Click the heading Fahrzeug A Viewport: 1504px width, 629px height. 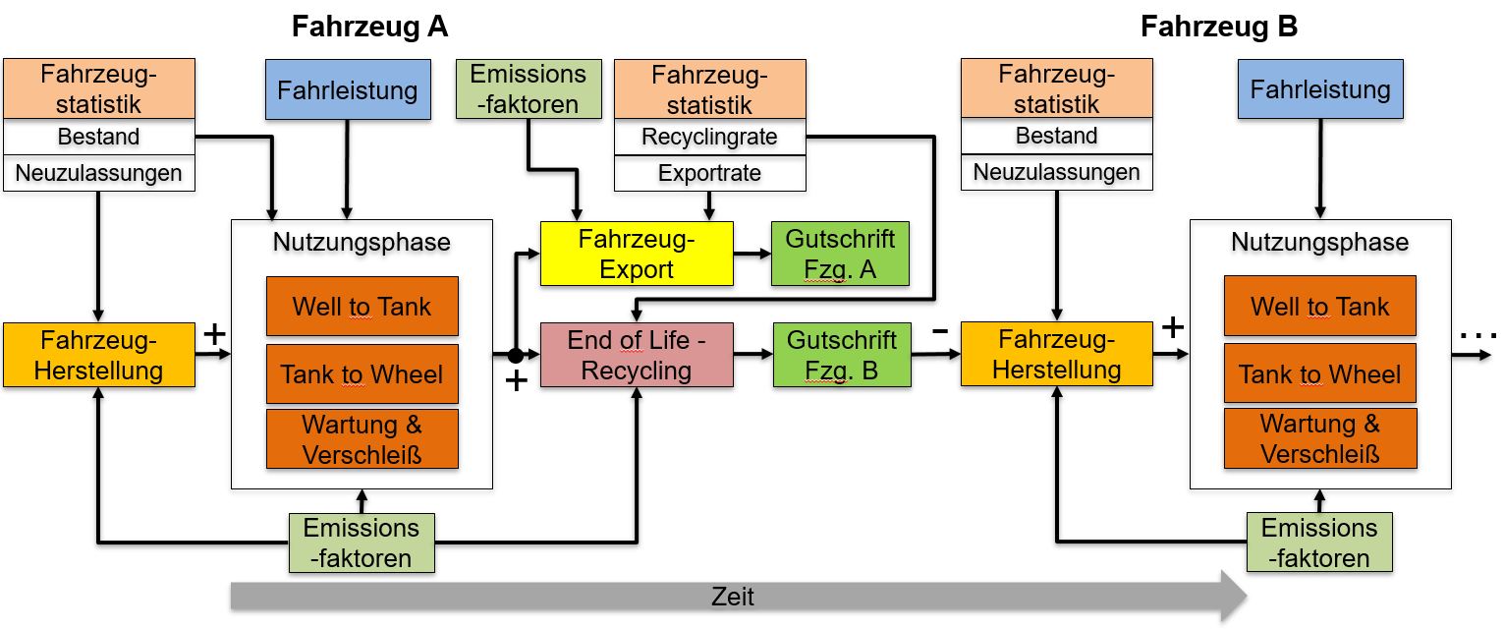click(369, 27)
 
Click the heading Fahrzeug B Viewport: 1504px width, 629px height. click(1218, 27)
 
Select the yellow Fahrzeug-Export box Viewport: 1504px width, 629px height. click(637, 254)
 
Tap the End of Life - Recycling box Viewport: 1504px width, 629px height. click(637, 355)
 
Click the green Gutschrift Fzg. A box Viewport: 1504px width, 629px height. click(840, 254)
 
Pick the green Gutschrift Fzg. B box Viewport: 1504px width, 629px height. click(841, 355)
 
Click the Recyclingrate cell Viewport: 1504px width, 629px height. click(709, 138)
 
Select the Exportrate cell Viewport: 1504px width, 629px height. click(709, 174)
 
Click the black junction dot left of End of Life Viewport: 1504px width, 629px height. click(514, 354)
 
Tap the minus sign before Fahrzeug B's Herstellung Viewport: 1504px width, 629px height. click(940, 330)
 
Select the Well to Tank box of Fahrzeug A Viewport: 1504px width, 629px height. click(362, 307)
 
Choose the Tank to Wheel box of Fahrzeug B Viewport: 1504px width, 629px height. click(1319, 373)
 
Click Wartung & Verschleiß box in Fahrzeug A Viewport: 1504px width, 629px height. click(362, 439)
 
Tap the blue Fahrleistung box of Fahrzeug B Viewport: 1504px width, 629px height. click(1320, 89)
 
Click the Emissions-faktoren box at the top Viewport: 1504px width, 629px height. click(529, 89)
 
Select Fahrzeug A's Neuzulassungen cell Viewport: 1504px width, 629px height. click(99, 174)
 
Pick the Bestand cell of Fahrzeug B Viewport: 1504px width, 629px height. click(1056, 137)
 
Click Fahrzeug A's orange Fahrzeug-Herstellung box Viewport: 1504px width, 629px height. click(99, 355)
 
